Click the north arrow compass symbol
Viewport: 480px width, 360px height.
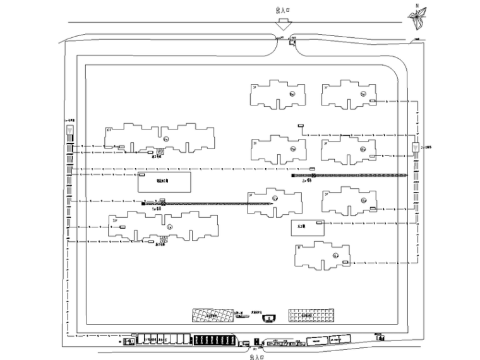[417, 20]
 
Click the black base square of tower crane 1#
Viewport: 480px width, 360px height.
[144, 203]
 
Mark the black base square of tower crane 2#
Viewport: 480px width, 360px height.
[293, 175]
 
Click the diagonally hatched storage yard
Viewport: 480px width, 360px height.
[213, 315]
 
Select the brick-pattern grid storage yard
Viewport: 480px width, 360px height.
[309, 315]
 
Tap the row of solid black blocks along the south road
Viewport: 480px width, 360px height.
[215, 340]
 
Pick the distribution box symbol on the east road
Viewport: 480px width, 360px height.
[414, 148]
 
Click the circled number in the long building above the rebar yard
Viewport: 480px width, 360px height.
[165, 138]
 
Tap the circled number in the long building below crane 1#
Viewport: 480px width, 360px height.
[169, 225]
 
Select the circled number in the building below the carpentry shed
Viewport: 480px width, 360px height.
[336, 255]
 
